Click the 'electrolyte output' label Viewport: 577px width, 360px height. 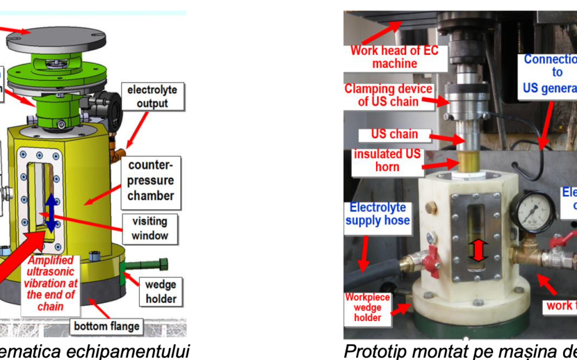coord(153,96)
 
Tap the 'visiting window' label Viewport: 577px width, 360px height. coord(150,228)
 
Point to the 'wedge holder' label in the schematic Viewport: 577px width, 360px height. coord(161,292)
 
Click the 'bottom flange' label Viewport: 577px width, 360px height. coord(107,326)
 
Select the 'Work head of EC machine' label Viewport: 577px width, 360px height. coord(394,57)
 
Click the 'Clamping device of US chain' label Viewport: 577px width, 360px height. coord(388,96)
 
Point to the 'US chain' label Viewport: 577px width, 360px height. coord(395,134)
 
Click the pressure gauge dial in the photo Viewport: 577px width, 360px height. coord(533,212)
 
